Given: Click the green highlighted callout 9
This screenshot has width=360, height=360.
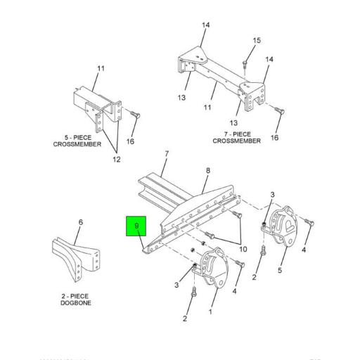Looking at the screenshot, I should coord(136,226).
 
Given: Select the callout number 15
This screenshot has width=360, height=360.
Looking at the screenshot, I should coord(257,40).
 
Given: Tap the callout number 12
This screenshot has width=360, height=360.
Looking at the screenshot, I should coord(117,160).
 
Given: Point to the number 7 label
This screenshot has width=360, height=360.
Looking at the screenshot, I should coord(167,153).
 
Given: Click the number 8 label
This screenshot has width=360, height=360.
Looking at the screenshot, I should coord(207,170).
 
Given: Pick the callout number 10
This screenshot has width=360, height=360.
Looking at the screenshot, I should coord(243,249).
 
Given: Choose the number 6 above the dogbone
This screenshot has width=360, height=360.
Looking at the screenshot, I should coord(80,222).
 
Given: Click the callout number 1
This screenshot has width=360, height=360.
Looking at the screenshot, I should coord(211,310).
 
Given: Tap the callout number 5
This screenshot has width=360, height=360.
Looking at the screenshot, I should coord(279,270).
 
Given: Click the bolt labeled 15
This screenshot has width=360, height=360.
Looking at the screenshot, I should coord(243,64).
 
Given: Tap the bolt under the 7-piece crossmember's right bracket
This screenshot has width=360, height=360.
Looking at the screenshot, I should coord(281,110).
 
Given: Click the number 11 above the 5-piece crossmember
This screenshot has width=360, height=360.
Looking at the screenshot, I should coord(101,68).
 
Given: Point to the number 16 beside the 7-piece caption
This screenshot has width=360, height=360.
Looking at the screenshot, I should coord(274,137).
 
